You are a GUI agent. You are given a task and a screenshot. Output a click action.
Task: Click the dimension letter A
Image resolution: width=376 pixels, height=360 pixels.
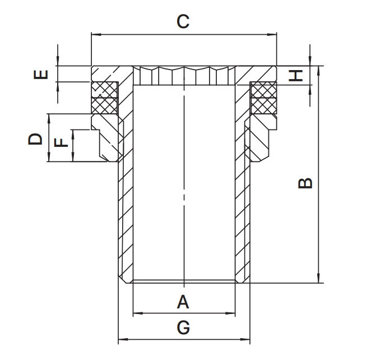tap(183, 302)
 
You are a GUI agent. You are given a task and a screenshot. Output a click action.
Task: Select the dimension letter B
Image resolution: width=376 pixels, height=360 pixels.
tap(305, 183)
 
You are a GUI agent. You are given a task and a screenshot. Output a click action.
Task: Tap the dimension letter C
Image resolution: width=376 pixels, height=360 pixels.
tap(183, 21)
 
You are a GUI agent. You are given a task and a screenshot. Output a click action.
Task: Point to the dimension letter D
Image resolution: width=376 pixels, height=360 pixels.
tap(35, 139)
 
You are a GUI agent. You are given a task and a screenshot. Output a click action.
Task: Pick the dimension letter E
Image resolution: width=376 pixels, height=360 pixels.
tap(41, 75)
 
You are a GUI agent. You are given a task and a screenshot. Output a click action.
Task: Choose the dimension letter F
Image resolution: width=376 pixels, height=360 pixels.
tap(61, 142)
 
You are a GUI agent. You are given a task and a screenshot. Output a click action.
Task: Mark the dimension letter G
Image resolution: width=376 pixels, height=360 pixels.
tap(183, 327)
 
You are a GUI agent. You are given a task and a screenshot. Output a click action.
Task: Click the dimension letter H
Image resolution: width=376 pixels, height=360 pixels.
tap(296, 76)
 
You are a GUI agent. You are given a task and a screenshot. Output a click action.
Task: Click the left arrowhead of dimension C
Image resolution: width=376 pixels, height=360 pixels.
tap(96, 35)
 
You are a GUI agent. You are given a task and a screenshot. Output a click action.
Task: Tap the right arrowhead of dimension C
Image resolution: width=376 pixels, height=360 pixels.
tap(272, 35)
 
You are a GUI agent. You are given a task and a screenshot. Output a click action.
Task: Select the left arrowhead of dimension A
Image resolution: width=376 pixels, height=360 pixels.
tap(138, 313)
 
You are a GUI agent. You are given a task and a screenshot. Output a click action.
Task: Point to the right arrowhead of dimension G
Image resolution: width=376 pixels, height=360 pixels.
tap(245, 339)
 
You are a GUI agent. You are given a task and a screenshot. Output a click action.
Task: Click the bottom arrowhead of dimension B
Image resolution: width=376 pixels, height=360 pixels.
tap(318, 278)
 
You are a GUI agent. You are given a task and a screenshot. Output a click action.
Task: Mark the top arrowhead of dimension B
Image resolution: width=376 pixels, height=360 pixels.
tap(318, 70)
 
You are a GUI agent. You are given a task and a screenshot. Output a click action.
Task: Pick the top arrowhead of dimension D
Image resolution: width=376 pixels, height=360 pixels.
tap(49, 118)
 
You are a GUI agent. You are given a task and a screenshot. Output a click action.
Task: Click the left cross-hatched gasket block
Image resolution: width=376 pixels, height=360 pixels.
tap(105, 98)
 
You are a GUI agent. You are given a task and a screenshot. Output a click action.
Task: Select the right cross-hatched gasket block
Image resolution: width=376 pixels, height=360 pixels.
tap(263, 98)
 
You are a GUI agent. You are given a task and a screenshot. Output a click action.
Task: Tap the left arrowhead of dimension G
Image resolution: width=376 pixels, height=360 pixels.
tap(123, 339)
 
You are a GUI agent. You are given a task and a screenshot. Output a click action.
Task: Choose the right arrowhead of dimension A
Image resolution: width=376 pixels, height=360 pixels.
tap(230, 313)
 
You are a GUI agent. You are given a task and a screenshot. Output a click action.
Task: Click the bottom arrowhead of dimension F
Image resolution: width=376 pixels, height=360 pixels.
tap(73, 157)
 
